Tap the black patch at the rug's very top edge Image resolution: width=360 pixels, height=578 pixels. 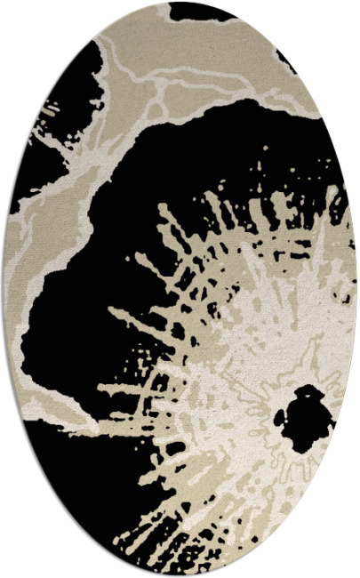pos(200,11)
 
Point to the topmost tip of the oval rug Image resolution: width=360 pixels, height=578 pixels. pos(180,2)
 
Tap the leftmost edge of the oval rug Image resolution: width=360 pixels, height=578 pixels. pos(3,289)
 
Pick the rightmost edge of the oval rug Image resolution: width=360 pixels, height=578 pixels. pos(357,289)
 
